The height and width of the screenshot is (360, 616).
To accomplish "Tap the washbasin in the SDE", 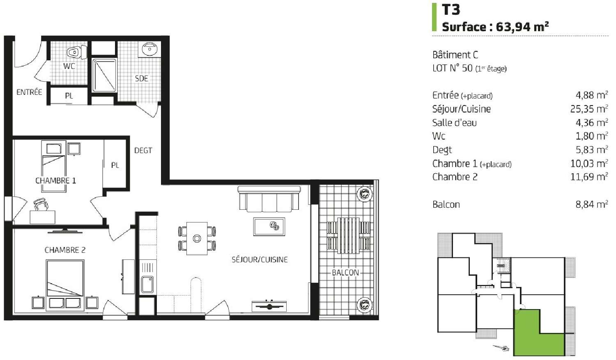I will click(149, 49).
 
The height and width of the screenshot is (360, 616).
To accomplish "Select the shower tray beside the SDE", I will click(104, 75).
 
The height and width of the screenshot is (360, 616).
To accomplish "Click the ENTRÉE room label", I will click(29, 92).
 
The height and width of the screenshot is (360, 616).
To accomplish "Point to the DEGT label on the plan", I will click(143, 151).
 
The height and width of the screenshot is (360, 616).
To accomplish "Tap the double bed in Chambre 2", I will click(65, 278).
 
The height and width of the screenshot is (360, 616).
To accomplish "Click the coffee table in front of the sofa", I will click(269, 227).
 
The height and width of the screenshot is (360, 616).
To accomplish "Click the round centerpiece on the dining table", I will click(197, 238).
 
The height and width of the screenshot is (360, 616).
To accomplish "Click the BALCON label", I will click(345, 273).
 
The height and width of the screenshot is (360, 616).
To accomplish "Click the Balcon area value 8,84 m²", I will click(591, 204).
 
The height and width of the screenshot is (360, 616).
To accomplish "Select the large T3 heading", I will click(451, 10).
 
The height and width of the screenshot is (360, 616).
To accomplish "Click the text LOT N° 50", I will click(452, 69).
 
